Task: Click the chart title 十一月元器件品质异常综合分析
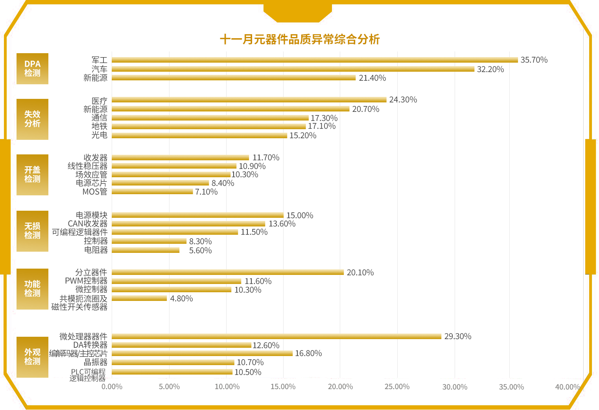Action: (x=300, y=39)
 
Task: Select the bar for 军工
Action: (x=315, y=60)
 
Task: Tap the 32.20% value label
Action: (x=490, y=69)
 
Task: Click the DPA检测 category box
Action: (x=32, y=69)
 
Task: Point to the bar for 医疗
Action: (x=249, y=100)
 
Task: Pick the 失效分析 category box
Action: (x=32, y=119)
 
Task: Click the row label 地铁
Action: (x=99, y=126)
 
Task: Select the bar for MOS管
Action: (x=152, y=192)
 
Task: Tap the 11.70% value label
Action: (x=266, y=158)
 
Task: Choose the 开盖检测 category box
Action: (x=32, y=174)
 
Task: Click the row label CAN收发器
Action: (x=87, y=224)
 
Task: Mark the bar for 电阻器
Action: (x=146, y=250)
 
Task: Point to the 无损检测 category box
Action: (x=32, y=231)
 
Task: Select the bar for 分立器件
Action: (x=228, y=272)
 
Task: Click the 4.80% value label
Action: (x=181, y=299)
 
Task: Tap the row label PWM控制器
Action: (x=86, y=281)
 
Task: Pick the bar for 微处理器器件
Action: (x=276, y=336)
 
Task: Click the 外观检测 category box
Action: (x=32, y=357)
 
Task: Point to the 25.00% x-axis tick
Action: (x=397, y=387)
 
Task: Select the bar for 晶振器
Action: (x=173, y=362)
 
